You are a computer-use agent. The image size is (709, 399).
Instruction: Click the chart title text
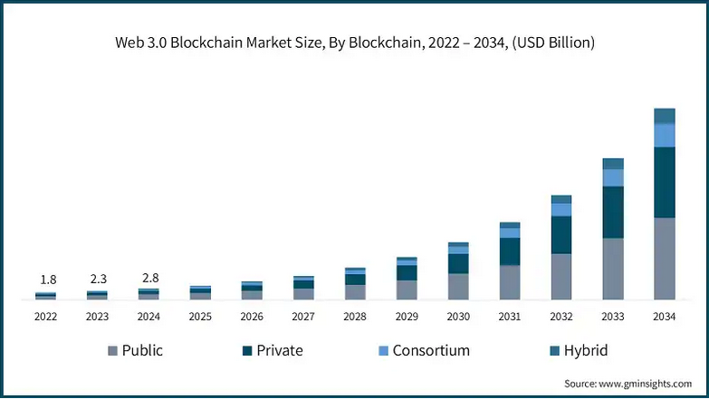[354, 43]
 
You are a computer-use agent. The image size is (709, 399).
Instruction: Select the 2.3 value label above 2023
[97, 280]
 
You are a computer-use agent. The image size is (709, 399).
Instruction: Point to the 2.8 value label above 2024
[149, 277]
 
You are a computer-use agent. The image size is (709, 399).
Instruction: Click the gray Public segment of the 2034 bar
[665, 258]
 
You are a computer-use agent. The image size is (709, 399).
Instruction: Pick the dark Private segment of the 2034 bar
[665, 182]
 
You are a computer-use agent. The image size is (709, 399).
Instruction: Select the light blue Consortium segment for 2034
[665, 135]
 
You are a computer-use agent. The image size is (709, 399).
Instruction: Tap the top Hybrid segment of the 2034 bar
[665, 116]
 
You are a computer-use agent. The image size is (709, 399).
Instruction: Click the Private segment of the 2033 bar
[613, 212]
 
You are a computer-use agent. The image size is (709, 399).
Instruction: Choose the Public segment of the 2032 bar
[561, 276]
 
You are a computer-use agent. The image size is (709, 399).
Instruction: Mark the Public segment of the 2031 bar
[510, 281]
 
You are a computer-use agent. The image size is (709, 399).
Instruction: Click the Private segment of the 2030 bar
[458, 263]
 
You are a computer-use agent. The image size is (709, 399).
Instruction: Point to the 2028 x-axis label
[355, 317]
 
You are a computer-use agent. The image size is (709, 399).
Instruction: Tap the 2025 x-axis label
[200, 317]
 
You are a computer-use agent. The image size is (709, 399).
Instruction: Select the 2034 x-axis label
[665, 317]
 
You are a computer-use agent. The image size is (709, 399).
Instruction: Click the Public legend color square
[112, 351]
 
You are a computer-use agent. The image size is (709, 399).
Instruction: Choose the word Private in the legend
[280, 350]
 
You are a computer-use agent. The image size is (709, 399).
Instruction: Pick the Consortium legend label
[431, 350]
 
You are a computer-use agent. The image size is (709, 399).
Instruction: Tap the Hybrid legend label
[585, 350]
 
